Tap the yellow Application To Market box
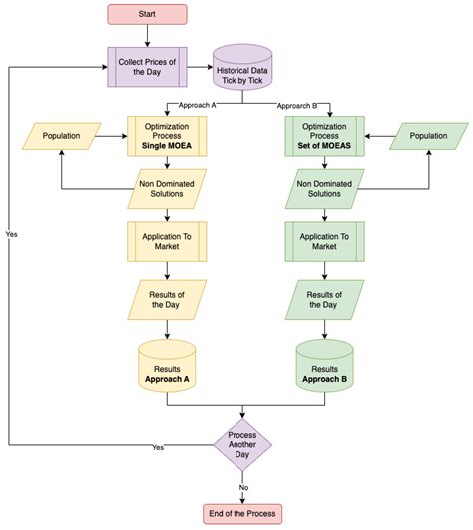(165, 241)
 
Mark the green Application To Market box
(324, 241)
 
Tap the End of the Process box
(243, 514)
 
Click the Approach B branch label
(298, 104)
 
